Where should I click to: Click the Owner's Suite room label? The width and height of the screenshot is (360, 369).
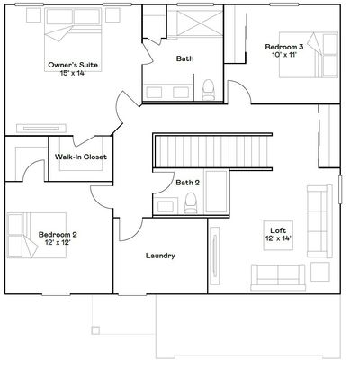73,65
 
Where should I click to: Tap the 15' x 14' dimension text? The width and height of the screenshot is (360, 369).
73,73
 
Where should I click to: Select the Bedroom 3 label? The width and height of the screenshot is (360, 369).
284,47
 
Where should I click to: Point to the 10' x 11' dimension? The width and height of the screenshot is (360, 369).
284,55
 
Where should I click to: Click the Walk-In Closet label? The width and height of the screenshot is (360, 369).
81,157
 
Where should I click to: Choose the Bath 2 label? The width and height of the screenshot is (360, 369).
187,183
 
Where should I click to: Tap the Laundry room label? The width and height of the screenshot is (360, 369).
160,256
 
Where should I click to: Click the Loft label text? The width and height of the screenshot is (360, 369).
278,230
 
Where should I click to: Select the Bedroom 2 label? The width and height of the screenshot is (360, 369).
58,235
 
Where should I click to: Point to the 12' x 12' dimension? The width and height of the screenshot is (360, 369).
58,242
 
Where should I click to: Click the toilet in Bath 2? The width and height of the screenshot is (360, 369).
191,202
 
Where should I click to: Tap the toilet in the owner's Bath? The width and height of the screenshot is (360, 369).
209,90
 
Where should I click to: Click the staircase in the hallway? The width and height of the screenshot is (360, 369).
212,152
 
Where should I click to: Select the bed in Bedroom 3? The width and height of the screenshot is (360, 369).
309,55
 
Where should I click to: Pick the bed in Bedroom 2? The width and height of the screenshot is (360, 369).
37,235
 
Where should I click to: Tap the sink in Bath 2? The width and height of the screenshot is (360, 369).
166,207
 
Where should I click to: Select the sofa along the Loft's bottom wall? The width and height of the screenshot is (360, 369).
278,277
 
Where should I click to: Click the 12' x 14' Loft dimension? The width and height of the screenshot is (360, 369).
279,238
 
